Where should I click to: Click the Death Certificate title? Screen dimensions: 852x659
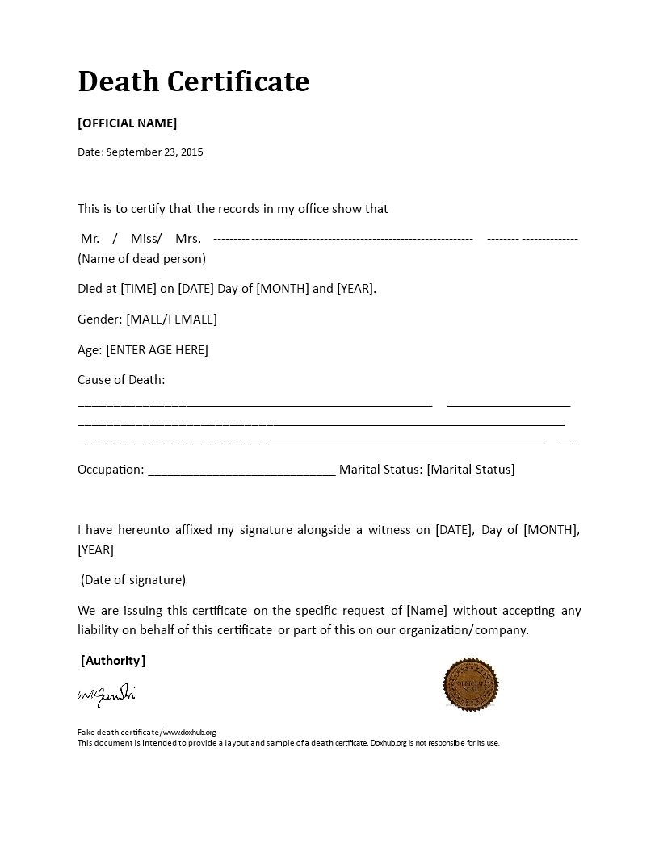pos(194,81)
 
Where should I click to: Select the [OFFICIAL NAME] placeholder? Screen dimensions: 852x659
pos(127,123)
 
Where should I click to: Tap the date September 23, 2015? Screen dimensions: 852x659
pos(154,152)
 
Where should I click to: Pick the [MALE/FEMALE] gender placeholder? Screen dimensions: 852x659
pos(171,319)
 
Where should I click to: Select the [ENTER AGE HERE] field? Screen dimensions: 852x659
pos(157,349)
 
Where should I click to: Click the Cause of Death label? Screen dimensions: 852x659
pos(121,380)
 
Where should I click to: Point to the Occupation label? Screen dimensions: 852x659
pos(111,470)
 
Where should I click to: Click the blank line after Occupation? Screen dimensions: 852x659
pos(241,472)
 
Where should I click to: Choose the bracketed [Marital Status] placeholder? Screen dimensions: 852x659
pos(470,470)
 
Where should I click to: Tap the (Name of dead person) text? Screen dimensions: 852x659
pos(141,259)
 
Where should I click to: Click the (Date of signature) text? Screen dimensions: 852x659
pos(133,580)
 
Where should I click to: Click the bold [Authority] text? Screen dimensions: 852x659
pos(113,661)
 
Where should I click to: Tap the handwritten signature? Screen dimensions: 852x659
pos(106,695)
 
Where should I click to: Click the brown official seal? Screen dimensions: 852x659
pos(471,685)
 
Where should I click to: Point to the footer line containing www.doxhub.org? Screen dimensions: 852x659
pos(147,733)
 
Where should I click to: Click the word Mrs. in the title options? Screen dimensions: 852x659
pos(188,239)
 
